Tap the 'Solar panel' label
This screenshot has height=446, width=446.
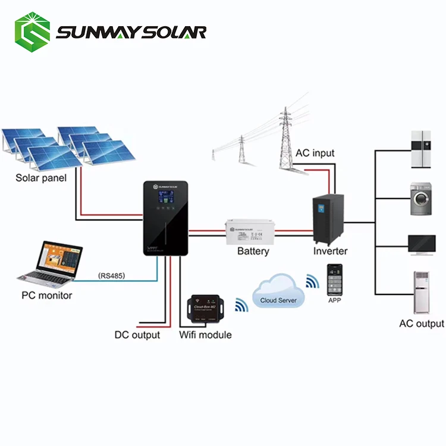[x=41, y=178]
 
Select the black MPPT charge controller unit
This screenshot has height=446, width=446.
[x=165, y=218]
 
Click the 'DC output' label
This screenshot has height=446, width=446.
[x=137, y=335]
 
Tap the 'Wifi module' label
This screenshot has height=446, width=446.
[x=205, y=335]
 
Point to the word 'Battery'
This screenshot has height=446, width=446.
[x=253, y=251]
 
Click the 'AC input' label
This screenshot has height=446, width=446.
[x=315, y=153]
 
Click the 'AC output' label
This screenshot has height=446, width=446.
[x=421, y=323]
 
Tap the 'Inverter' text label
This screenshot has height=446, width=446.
[x=330, y=251]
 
